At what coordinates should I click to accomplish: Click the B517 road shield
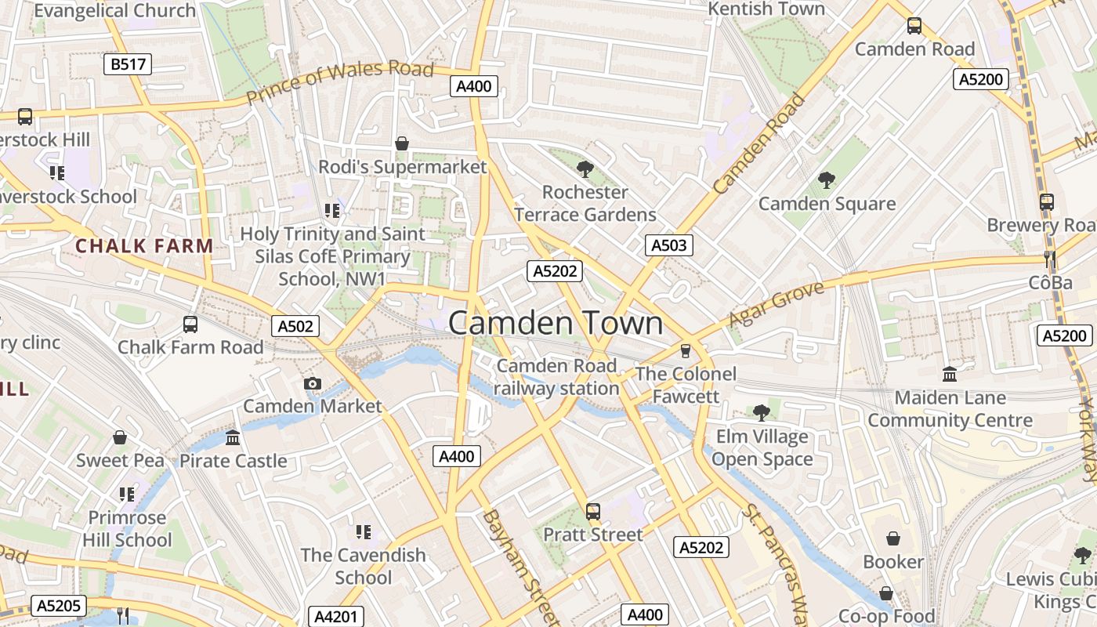[x=128, y=64]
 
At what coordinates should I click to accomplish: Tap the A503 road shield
[x=668, y=245]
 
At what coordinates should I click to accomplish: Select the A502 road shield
[x=295, y=326]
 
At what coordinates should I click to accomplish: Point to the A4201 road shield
[x=335, y=617]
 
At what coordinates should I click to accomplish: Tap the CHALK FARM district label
[x=144, y=245]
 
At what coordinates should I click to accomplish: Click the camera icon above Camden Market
[x=313, y=383]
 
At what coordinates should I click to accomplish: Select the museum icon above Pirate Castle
[x=233, y=437]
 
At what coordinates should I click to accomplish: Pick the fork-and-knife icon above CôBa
[x=1050, y=259]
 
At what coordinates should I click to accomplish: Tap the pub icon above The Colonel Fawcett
[x=686, y=350]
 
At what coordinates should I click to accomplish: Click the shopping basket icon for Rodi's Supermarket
[x=402, y=143]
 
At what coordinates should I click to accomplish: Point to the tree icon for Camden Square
[x=827, y=180]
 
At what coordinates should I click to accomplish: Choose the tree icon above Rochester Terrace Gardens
[x=585, y=169]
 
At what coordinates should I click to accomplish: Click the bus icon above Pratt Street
[x=593, y=512]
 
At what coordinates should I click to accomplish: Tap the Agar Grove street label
[x=776, y=304]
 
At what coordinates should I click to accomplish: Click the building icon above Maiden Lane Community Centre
[x=950, y=374]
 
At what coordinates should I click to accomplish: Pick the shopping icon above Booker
[x=892, y=538]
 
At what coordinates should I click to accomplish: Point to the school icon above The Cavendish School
[x=363, y=532]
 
